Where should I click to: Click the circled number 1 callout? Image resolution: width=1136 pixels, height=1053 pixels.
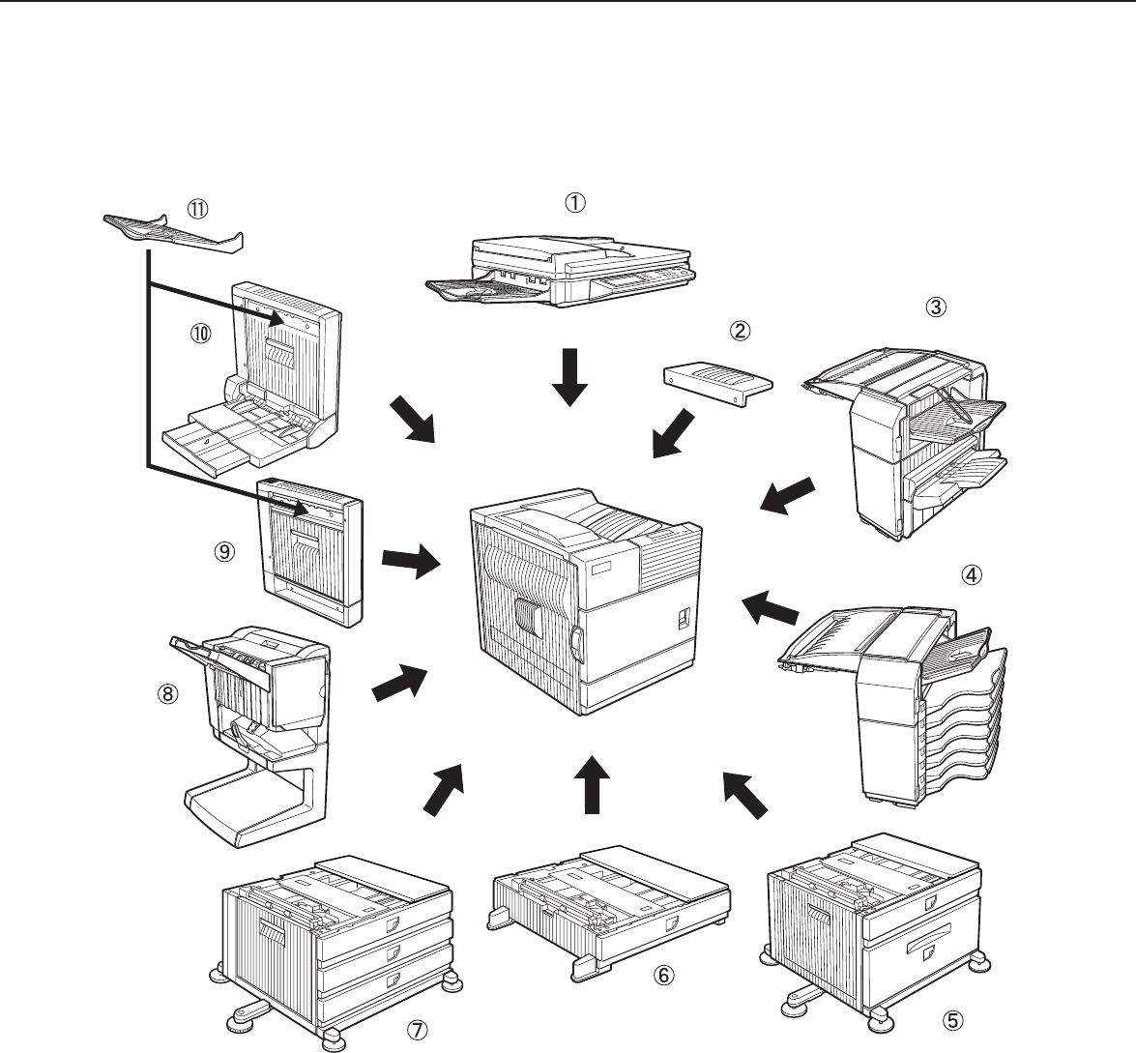(x=574, y=202)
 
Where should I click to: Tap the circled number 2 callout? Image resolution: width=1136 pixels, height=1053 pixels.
(x=739, y=331)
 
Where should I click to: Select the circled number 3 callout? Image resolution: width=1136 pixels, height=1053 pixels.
(x=935, y=307)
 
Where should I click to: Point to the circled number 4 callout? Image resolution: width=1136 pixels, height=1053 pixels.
(x=970, y=573)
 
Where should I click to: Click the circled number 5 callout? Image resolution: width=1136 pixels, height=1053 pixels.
(x=953, y=1018)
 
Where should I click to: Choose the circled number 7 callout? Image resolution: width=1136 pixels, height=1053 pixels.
(x=416, y=1031)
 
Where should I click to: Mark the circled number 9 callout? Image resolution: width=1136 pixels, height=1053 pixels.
(x=223, y=550)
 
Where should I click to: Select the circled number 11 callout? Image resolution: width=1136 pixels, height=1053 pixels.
(x=197, y=207)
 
